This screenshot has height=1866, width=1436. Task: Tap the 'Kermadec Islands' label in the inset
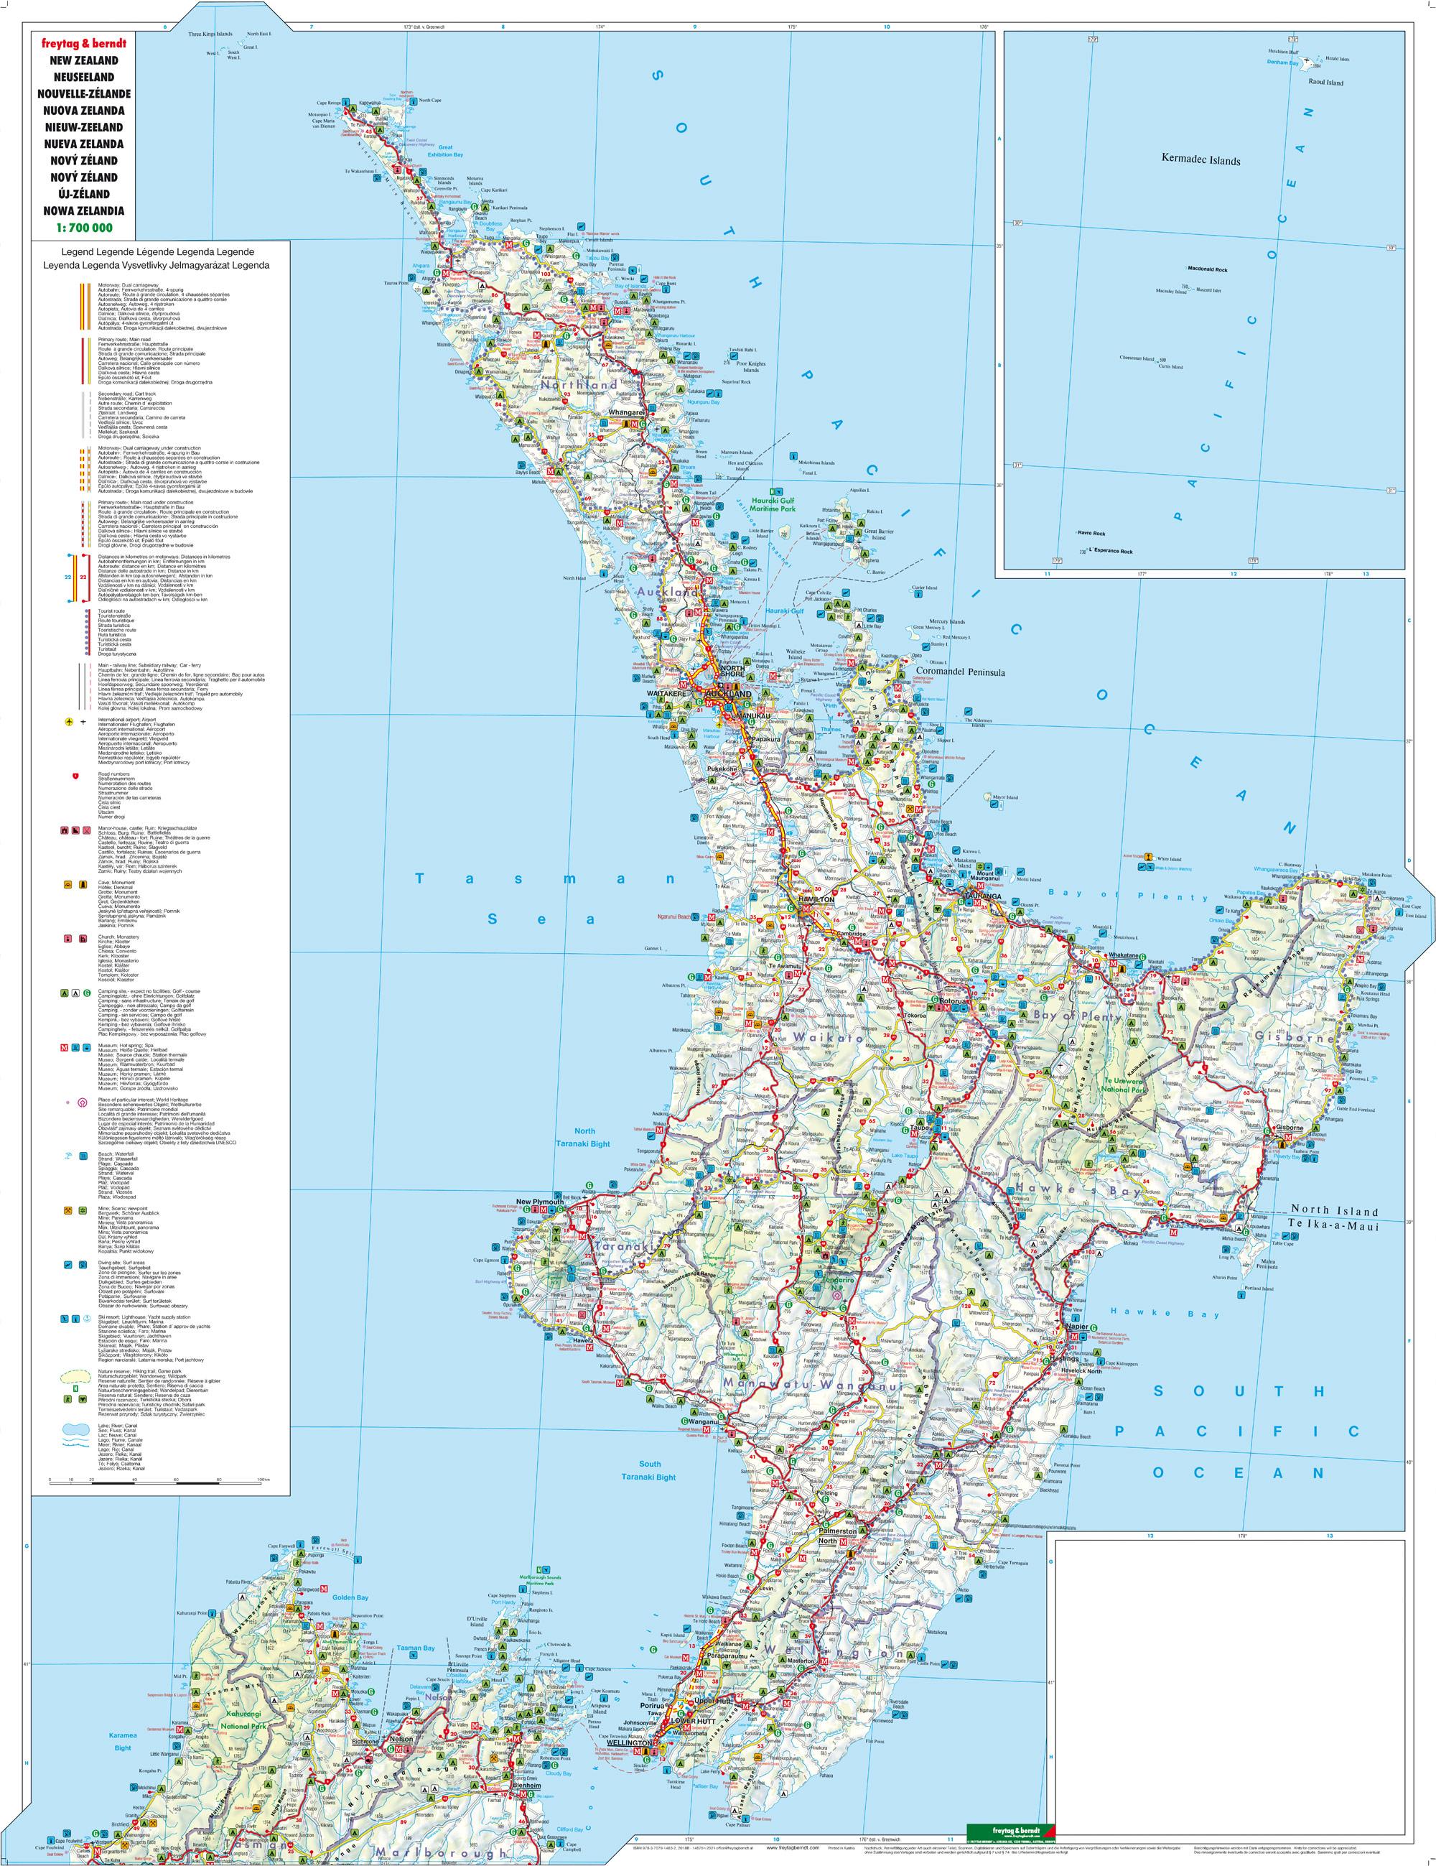(1200, 159)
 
